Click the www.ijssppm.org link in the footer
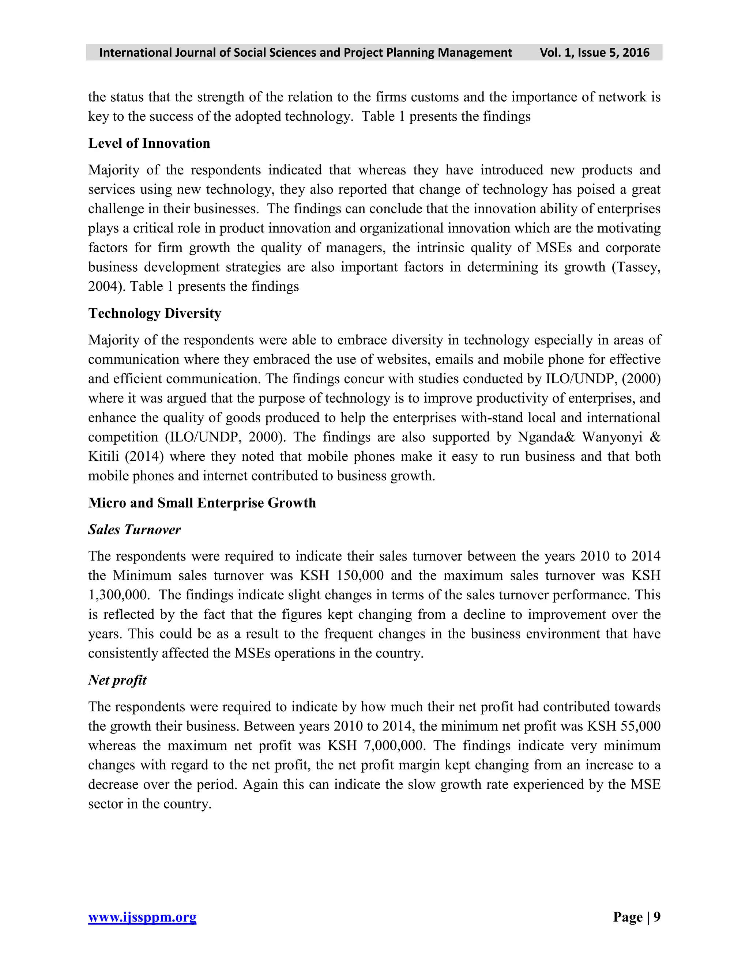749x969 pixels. [142, 917]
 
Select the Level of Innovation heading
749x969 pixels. [149, 143]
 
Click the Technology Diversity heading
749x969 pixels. [154, 313]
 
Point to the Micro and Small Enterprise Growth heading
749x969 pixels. [202, 503]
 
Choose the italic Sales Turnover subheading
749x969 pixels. [135, 529]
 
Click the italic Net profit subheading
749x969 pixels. [117, 680]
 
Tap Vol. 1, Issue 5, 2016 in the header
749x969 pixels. [594, 52]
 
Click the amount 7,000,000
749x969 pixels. [393, 745]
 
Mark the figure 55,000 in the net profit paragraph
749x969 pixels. [640, 726]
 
